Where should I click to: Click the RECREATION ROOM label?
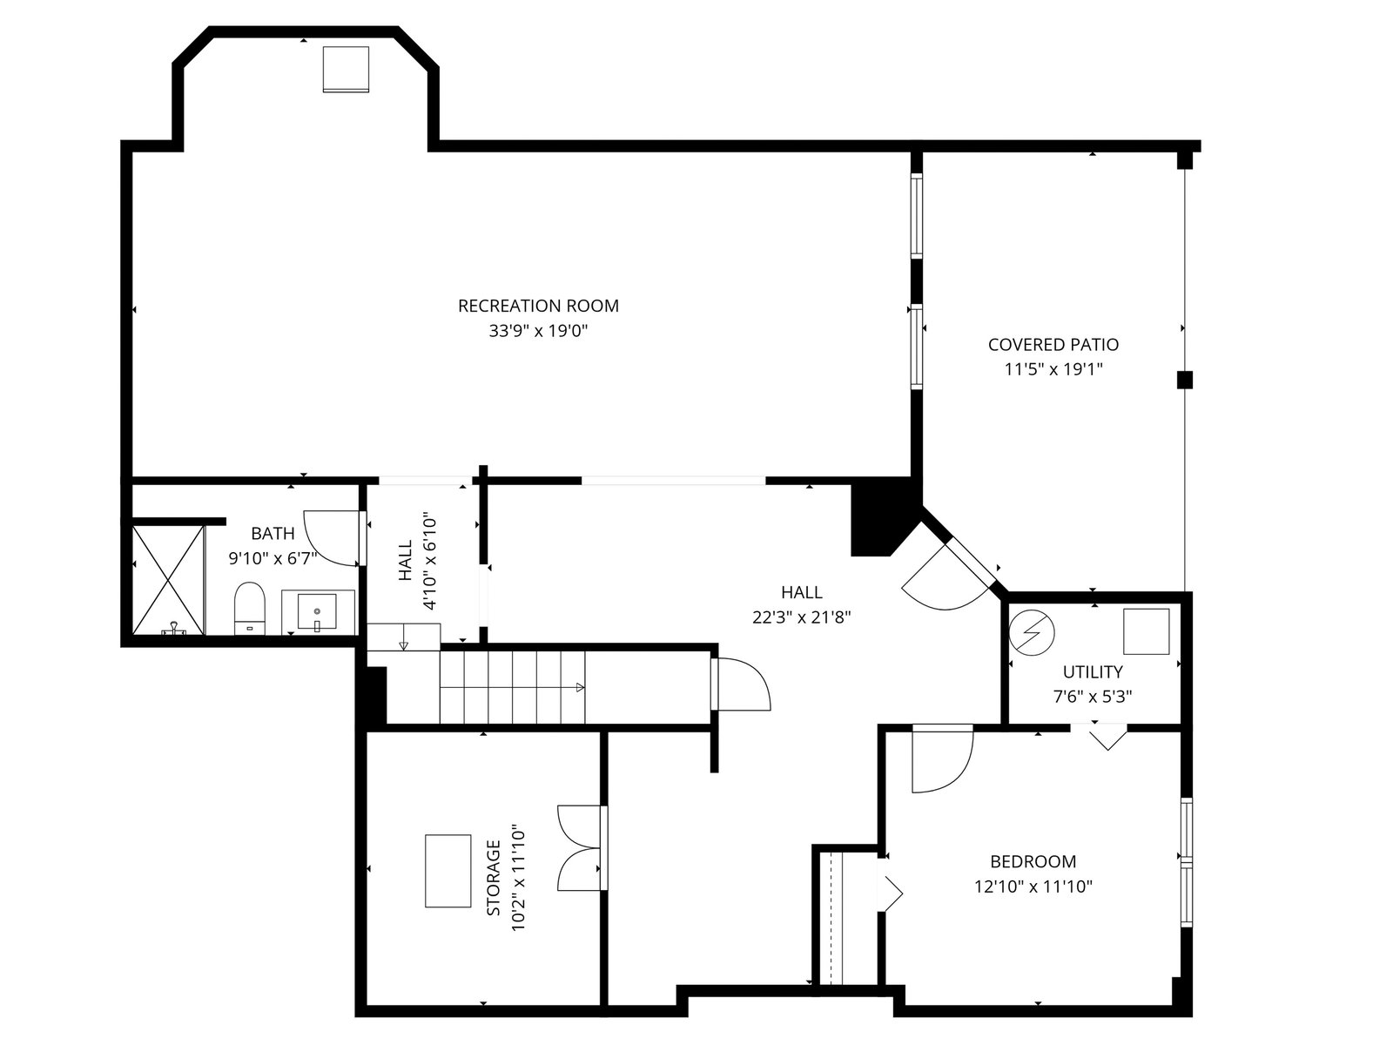click(538, 306)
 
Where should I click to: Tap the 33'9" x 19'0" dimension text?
click(538, 331)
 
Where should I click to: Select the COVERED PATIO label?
click(1053, 345)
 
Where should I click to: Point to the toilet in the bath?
click(249, 608)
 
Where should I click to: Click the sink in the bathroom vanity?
click(317, 611)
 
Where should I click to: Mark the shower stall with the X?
click(168, 580)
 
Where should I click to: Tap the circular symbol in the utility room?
click(1032, 632)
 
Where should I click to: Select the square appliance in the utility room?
click(1146, 631)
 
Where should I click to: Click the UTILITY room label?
click(1093, 671)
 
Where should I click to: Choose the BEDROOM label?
click(1033, 861)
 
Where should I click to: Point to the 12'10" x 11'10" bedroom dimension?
click(1033, 887)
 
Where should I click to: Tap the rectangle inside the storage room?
click(448, 871)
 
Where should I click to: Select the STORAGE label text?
click(493, 878)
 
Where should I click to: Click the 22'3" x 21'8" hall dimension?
click(802, 617)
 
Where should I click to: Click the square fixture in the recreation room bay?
click(346, 69)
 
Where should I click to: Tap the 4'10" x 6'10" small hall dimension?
click(429, 562)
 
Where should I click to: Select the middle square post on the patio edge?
click(1184, 380)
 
